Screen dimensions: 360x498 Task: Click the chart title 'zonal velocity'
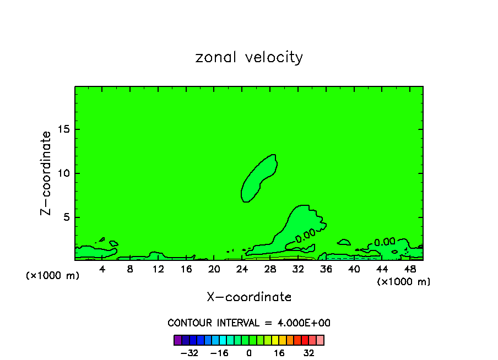249,57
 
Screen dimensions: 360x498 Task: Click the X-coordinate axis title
249,297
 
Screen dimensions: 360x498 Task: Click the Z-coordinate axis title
46,173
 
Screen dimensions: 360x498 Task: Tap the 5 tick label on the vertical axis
66,217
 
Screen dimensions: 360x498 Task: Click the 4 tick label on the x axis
102,269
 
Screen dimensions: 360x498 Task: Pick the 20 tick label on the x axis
214,269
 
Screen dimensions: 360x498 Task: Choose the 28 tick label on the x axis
270,269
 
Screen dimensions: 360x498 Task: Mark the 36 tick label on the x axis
326,269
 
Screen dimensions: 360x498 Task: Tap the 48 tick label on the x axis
410,269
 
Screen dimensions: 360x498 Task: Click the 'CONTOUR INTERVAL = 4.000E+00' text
249,323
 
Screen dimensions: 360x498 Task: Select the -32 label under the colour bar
190,353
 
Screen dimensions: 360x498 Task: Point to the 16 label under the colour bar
279,353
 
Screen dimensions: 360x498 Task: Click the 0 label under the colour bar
249,353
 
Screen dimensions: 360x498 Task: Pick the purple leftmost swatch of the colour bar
177,340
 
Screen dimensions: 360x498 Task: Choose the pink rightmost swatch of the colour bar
320,340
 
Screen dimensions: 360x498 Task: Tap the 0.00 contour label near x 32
305,235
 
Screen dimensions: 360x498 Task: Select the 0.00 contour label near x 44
385,242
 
